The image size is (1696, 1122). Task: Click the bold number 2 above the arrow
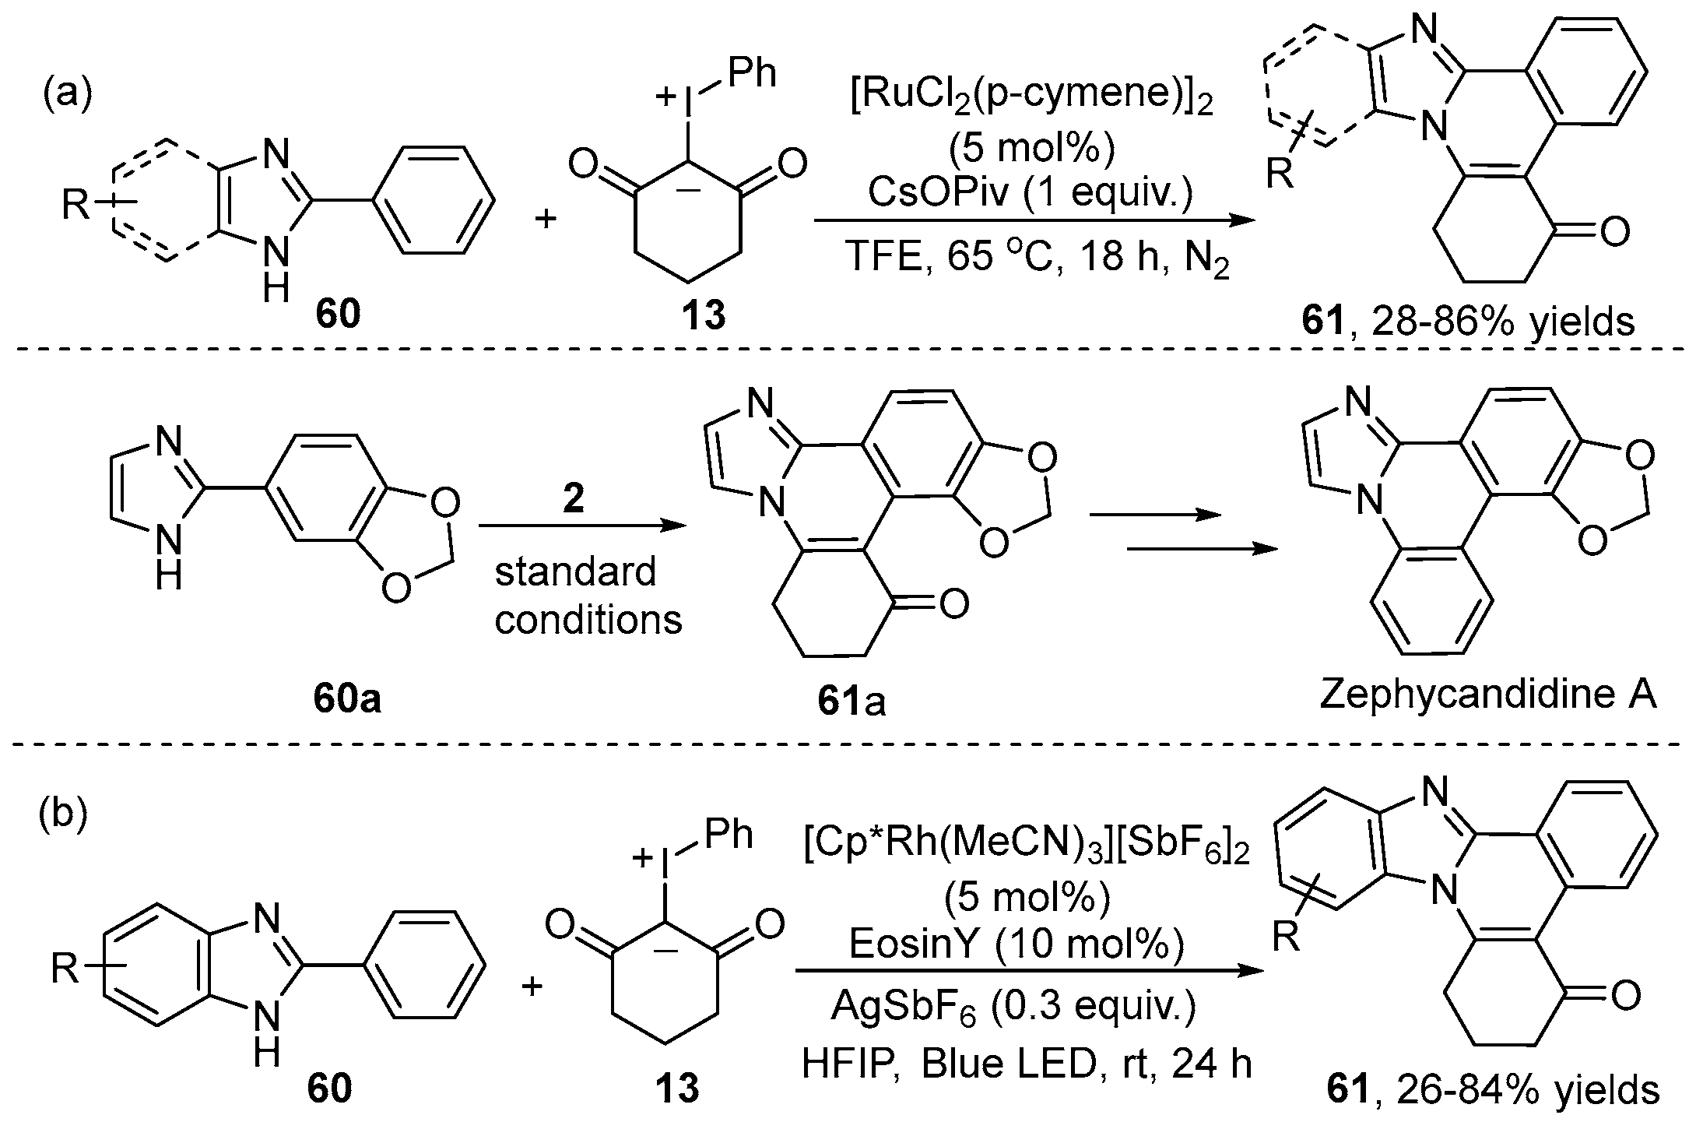pos(573,499)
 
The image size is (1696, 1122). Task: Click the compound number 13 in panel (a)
pos(703,317)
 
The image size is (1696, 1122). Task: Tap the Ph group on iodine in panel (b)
pos(729,835)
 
